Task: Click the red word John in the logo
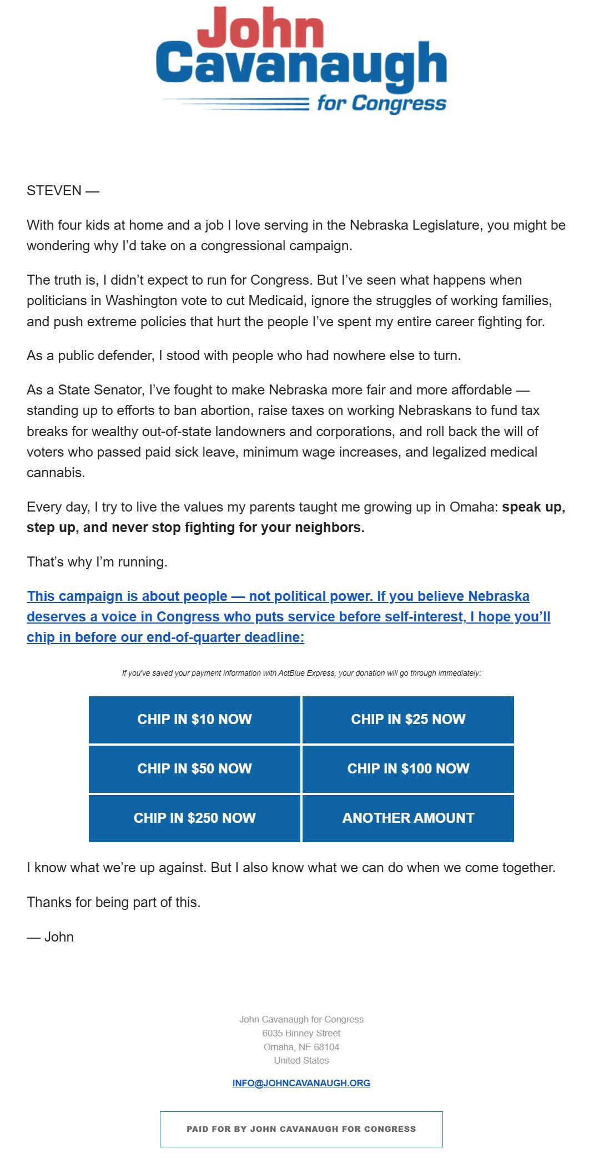pyautogui.click(x=260, y=28)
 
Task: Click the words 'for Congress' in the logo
pyautogui.click(x=381, y=103)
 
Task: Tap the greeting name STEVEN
pyautogui.click(x=54, y=191)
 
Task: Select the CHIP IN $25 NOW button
pyautogui.click(x=408, y=720)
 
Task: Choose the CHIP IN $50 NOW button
pyautogui.click(x=194, y=768)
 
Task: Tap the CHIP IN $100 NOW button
pyautogui.click(x=408, y=768)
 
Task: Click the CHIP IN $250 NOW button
pyautogui.click(x=194, y=818)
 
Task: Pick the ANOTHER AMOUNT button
pyautogui.click(x=408, y=818)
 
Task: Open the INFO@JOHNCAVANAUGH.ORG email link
pyautogui.click(x=301, y=1083)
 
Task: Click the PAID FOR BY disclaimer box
pyautogui.click(x=301, y=1129)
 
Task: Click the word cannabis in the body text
pyautogui.click(x=56, y=473)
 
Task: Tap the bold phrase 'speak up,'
pyautogui.click(x=533, y=507)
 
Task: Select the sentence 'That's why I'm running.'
pyautogui.click(x=97, y=562)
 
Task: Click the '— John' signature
pyautogui.click(x=51, y=937)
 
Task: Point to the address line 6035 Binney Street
pyautogui.click(x=301, y=1033)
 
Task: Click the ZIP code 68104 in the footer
pyautogui.click(x=326, y=1047)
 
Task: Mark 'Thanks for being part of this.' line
pyautogui.click(x=113, y=903)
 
